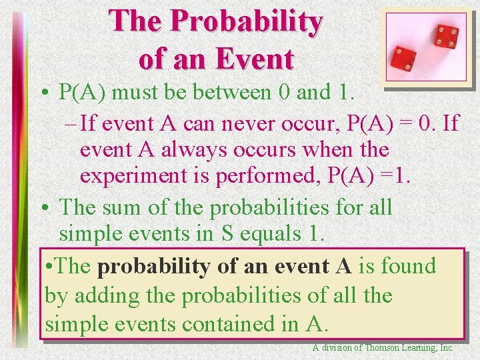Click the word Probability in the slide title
tap(247, 23)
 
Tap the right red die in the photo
tap(445, 37)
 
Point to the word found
tap(407, 266)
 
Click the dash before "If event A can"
tap(71, 123)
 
